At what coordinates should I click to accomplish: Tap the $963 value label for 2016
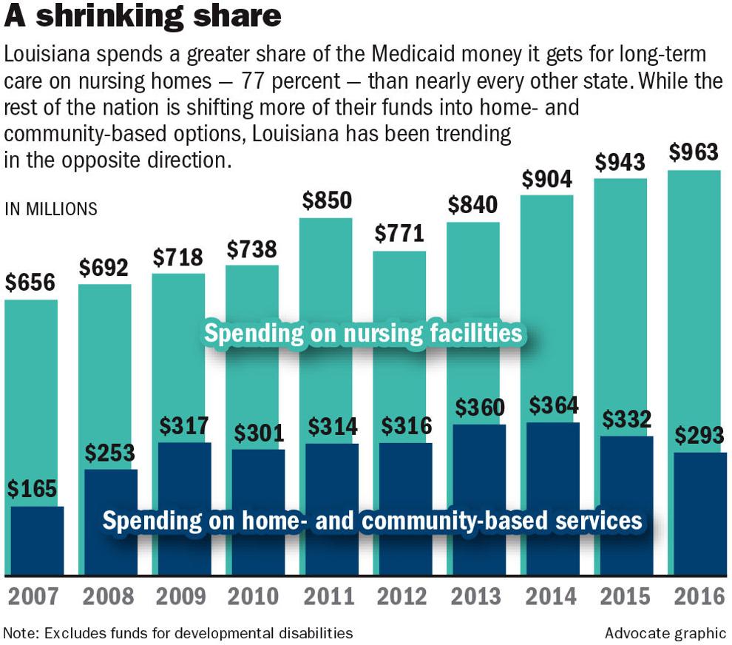pyautogui.click(x=693, y=152)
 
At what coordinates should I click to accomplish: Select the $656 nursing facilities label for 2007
pyautogui.click(x=31, y=283)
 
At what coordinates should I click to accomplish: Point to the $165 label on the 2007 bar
pyautogui.click(x=31, y=490)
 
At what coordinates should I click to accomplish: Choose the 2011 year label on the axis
pyautogui.click(x=325, y=596)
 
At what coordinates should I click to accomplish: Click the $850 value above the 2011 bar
pyautogui.click(x=325, y=201)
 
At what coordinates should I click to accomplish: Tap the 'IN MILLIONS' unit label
pyautogui.click(x=51, y=209)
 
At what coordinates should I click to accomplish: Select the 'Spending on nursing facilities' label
pyautogui.click(x=363, y=334)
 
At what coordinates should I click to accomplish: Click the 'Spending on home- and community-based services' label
pyautogui.click(x=372, y=520)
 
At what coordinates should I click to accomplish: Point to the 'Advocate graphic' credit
pyautogui.click(x=665, y=633)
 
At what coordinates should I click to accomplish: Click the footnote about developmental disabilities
pyautogui.click(x=178, y=633)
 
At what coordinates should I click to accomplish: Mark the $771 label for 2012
pyautogui.click(x=399, y=234)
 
